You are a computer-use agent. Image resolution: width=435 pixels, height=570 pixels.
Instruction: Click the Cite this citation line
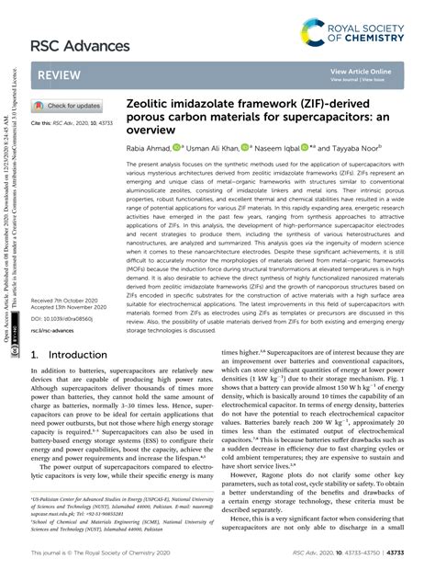(72, 122)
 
